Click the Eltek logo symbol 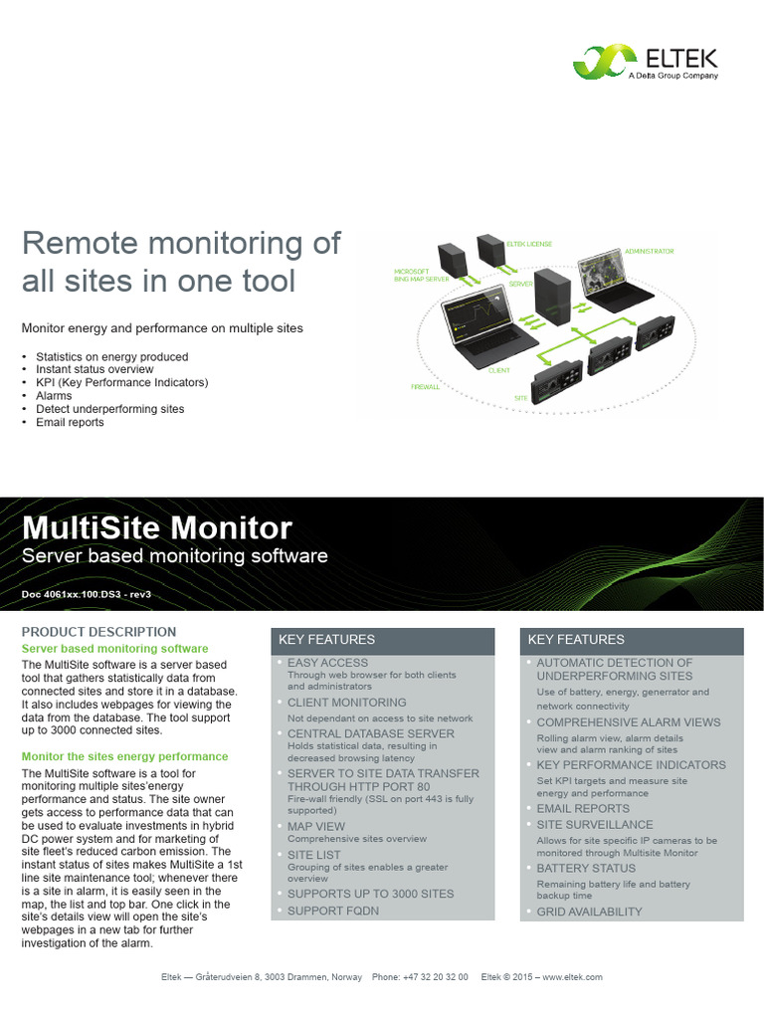[599, 62]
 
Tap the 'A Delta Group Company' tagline [672, 75]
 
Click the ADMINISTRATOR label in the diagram [649, 252]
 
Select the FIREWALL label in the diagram [425, 386]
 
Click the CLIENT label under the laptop [499, 370]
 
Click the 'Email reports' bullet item [70, 422]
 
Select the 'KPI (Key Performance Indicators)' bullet [121, 382]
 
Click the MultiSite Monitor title [157, 527]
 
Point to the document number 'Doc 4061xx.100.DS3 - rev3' [87, 594]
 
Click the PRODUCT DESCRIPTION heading [98, 631]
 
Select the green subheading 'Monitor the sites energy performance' [125, 756]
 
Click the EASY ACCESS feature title [327, 662]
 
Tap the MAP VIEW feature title [316, 826]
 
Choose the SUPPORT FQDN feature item [333, 911]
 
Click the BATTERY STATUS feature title [586, 868]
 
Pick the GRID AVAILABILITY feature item [589, 911]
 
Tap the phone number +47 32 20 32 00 [435, 977]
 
